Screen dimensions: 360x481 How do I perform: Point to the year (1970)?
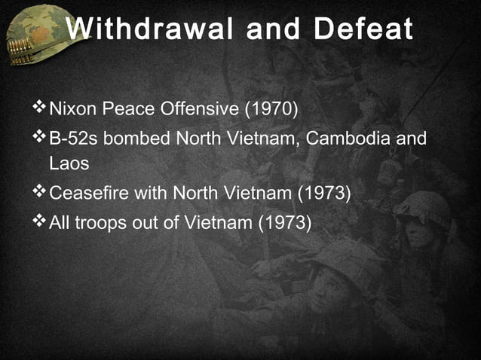[x=271, y=111]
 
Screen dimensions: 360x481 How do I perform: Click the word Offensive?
[x=200, y=111]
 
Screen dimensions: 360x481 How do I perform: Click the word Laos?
[x=69, y=162]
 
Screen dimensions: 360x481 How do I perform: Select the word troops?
[x=108, y=222]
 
